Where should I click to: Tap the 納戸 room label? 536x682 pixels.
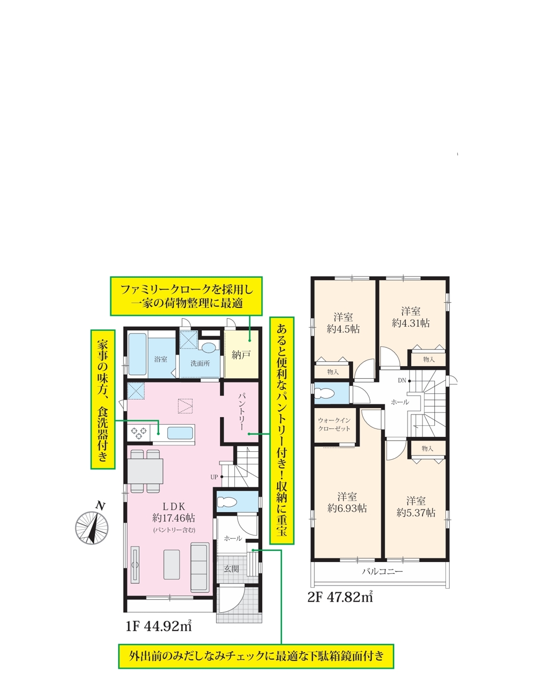(x=241, y=355)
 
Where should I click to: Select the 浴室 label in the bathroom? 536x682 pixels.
(x=161, y=359)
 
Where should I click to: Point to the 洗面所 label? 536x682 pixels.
(x=200, y=364)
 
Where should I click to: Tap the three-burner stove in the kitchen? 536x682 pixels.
(x=139, y=433)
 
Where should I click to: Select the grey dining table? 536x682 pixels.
(x=145, y=471)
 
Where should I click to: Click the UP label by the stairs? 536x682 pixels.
(x=214, y=477)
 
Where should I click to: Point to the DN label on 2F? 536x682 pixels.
(x=402, y=381)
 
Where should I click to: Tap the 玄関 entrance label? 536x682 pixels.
(x=231, y=569)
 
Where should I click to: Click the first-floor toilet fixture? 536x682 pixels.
(x=226, y=502)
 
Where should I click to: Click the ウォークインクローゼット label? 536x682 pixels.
(x=334, y=424)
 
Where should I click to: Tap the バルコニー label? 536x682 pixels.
(x=382, y=571)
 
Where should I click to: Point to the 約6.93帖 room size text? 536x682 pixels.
(x=347, y=508)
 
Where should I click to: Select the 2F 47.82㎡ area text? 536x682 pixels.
(x=340, y=596)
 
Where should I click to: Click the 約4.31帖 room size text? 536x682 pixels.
(x=411, y=323)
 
